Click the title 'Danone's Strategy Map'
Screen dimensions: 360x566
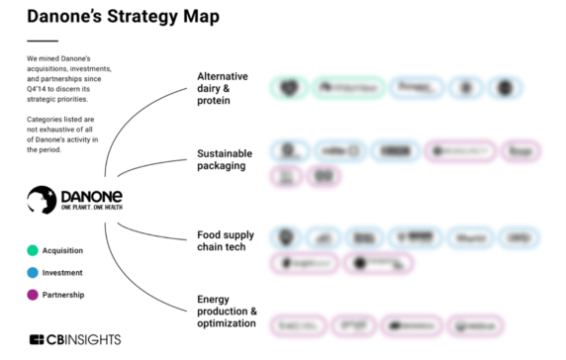tap(123, 17)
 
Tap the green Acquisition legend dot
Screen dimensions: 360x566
tap(33, 250)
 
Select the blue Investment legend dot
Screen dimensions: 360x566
tap(33, 272)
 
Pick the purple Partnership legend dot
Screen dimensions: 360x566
tap(33, 294)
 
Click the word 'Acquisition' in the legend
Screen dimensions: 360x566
tap(62, 251)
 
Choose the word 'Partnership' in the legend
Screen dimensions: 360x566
tap(62, 295)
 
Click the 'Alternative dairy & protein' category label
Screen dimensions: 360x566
tap(223, 88)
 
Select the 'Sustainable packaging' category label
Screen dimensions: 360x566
tap(225, 160)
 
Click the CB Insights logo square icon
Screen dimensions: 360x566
tap(37, 339)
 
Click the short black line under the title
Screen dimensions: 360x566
tap(42, 41)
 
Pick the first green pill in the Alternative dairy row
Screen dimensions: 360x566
tap(290, 88)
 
